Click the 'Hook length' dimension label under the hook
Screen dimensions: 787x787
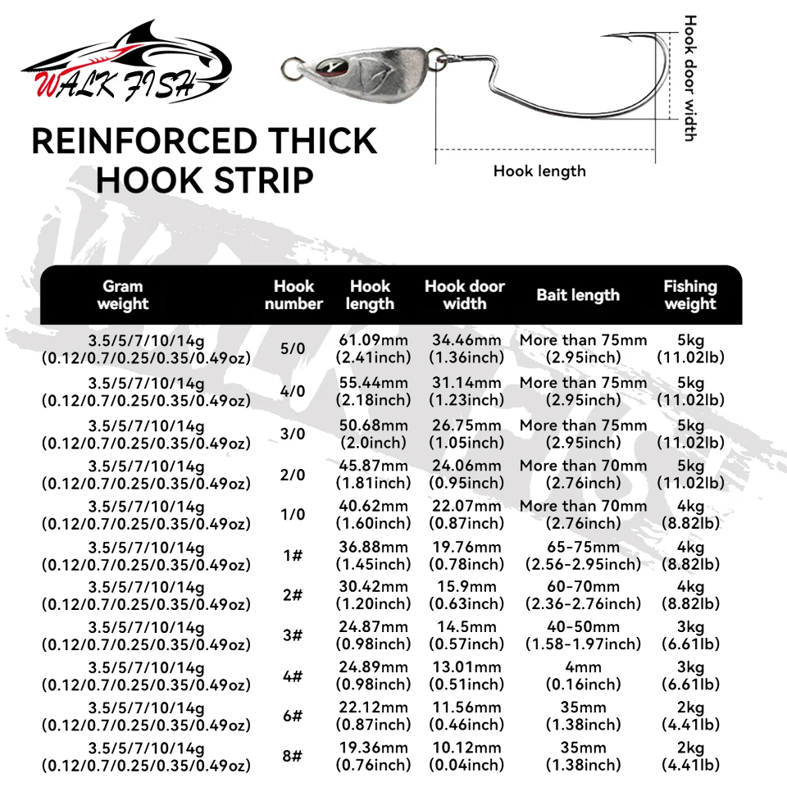pos(539,171)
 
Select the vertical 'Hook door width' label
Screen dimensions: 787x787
pos(690,78)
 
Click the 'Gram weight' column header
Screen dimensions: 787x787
pos(122,295)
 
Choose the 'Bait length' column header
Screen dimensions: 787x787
pos(578,295)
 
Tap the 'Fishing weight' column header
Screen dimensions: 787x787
pos(690,295)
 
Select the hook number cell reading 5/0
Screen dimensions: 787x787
pos(293,348)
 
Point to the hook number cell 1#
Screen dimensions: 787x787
pos(293,556)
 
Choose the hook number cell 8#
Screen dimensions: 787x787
pos(293,756)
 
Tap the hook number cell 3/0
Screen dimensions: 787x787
pos(293,434)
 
